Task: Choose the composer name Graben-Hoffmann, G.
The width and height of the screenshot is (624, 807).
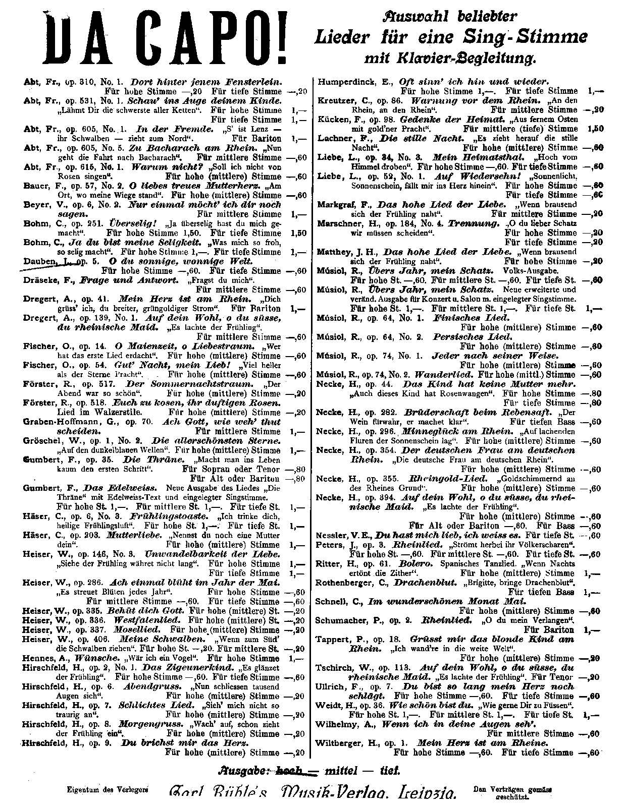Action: click(75, 422)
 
